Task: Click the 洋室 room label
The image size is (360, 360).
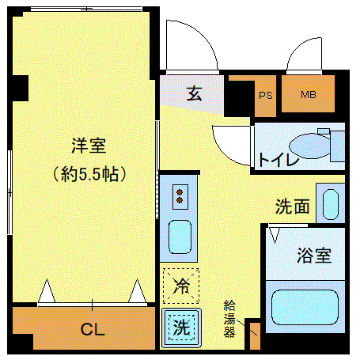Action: (89, 146)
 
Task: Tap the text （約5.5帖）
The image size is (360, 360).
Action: (89, 172)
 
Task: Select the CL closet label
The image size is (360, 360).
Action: (93, 329)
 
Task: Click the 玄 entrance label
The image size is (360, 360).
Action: (194, 93)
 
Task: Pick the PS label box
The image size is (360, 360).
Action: (264, 96)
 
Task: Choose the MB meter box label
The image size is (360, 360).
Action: (308, 96)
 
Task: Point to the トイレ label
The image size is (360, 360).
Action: (277, 160)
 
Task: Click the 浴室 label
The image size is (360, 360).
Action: (313, 256)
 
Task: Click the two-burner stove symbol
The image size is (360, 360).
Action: (180, 195)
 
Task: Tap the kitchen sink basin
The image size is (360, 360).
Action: (180, 238)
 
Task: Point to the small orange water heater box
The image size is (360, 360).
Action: (253, 335)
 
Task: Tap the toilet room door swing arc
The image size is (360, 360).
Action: (231, 142)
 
